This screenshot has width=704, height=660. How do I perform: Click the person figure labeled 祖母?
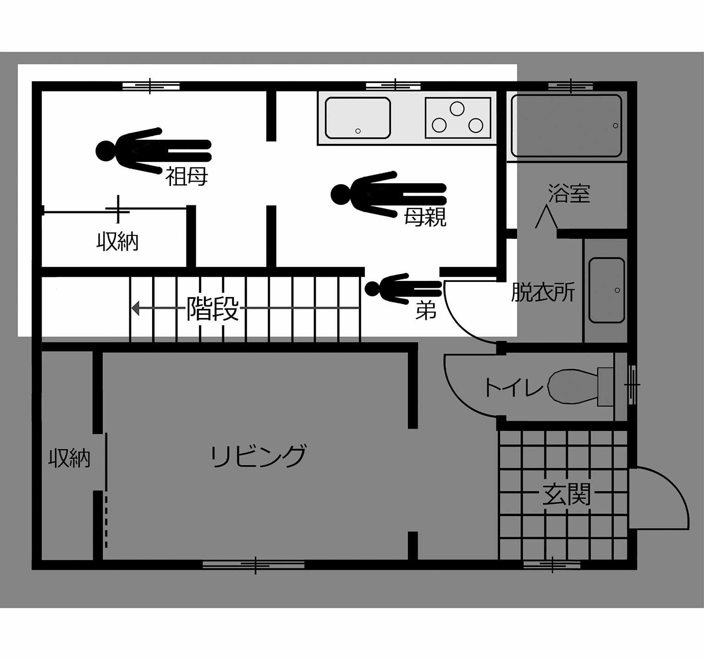(154, 151)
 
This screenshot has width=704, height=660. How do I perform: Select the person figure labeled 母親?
(389, 194)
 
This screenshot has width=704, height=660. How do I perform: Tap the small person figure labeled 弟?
(403, 289)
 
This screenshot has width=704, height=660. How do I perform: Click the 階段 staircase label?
(213, 308)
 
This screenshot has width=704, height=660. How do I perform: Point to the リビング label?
(258, 456)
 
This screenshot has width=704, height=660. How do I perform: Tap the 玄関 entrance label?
(566, 494)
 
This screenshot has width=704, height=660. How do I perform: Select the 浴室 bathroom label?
(569, 194)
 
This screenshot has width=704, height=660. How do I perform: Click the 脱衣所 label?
(543, 292)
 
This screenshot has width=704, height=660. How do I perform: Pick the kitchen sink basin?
(358, 118)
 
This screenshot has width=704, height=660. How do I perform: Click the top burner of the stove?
(457, 109)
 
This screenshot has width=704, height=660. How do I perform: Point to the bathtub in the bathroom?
(566, 126)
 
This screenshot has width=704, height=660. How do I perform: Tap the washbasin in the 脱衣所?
(607, 290)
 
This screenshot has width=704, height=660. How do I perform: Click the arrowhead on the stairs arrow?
(136, 308)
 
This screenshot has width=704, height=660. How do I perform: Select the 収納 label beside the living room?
(70, 458)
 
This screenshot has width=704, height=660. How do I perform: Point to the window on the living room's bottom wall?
(253, 565)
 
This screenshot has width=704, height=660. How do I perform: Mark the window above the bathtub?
(571, 86)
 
